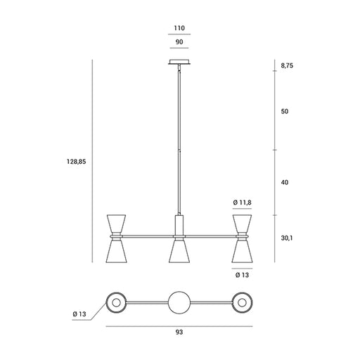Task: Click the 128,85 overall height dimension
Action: click(x=77, y=162)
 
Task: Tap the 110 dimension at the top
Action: click(x=179, y=28)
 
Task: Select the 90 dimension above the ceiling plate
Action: click(x=179, y=42)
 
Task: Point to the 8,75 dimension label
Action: click(x=287, y=65)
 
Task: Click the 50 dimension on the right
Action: click(x=285, y=111)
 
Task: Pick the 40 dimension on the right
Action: click(x=285, y=182)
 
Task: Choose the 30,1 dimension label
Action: click(x=287, y=238)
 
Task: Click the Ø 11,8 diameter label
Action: click(x=243, y=202)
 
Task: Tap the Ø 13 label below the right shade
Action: click(x=242, y=275)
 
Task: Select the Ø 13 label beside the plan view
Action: click(x=79, y=314)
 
